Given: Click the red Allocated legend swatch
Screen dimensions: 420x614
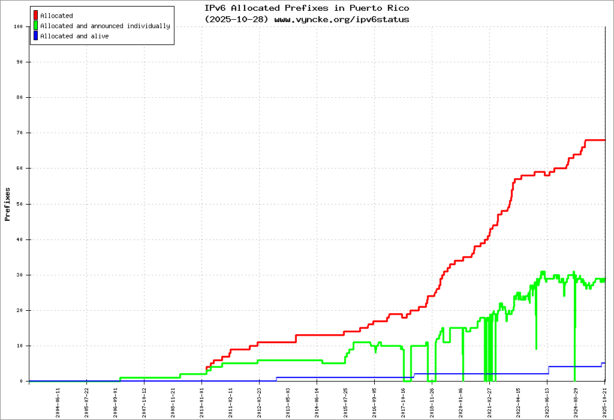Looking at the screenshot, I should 36,16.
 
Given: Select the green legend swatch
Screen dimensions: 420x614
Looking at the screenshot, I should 36,26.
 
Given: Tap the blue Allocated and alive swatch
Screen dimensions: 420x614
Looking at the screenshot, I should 36,36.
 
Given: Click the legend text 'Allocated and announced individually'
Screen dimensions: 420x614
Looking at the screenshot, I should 105,26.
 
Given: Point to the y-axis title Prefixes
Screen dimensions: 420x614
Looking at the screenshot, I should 8,204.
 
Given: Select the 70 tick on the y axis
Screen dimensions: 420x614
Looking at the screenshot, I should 19,133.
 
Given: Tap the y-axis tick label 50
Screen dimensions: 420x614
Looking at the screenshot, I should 19,204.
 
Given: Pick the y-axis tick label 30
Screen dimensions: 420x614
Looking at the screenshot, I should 19,275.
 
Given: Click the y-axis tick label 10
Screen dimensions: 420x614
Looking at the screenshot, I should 19,346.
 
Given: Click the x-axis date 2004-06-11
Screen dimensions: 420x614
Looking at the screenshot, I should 58,401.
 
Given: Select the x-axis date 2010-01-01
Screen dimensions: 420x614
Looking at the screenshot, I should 203,401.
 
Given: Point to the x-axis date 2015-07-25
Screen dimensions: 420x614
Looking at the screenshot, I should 346,401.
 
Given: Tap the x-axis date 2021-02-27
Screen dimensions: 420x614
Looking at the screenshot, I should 490,401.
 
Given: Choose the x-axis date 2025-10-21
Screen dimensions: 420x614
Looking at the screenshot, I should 605,401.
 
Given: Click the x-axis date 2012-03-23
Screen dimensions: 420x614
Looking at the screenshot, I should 260,401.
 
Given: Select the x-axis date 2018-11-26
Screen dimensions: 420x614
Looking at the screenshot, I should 432,401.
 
